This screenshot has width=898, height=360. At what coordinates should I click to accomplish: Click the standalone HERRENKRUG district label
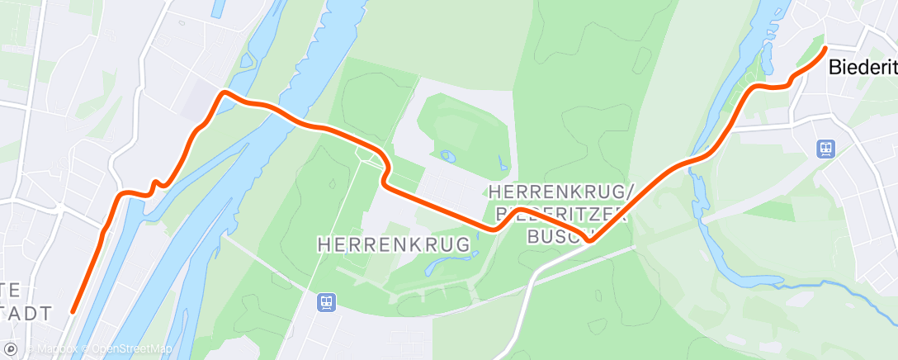[x=394, y=244]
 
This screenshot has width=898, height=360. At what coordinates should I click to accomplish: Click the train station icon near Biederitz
[x=825, y=149]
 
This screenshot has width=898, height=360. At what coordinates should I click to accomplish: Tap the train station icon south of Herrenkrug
[x=327, y=302]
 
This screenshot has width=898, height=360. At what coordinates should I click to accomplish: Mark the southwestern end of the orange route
[x=73, y=312]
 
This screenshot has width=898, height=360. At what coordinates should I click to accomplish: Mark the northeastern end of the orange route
[x=825, y=48]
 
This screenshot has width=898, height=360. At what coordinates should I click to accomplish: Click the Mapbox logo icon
[x=12, y=349]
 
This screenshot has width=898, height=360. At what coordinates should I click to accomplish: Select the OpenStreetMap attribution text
[x=132, y=349]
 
